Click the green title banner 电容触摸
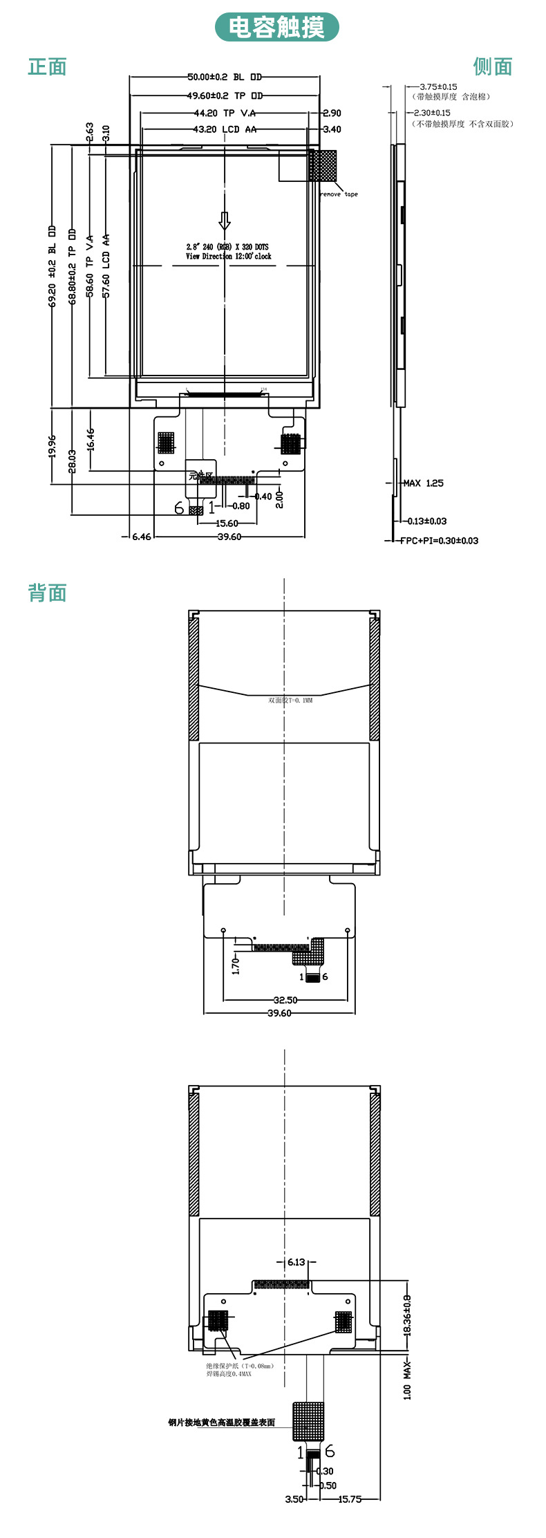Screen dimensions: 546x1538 (276, 28)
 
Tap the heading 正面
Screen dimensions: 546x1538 (47, 67)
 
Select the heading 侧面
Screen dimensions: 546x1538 (493, 67)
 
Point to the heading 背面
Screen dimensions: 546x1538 (47, 593)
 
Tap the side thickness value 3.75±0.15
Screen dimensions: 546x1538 (438, 87)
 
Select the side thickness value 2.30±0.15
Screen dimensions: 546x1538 (432, 113)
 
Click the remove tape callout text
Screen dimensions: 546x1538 (339, 194)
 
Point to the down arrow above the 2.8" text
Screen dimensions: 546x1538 (225, 221)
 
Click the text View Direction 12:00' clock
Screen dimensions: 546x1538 (228, 257)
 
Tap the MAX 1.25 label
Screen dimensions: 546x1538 (424, 483)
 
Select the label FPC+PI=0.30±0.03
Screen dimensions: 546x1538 (440, 541)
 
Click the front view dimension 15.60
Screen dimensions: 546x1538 (227, 524)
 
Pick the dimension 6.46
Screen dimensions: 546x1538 (141, 537)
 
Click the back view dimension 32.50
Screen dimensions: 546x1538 (285, 1000)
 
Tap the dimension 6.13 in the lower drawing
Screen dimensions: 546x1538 (296, 1262)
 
